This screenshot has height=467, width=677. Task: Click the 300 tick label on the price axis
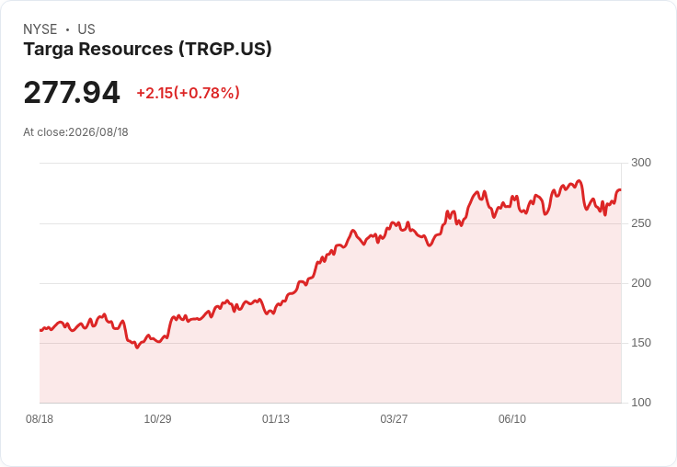tap(641, 163)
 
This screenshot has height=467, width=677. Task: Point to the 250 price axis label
tap(641, 223)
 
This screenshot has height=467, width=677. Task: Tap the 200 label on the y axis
tap(641, 283)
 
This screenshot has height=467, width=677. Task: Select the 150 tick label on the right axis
tap(641, 343)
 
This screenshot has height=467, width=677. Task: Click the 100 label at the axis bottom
tap(641, 403)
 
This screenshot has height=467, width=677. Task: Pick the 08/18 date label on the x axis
tap(40, 419)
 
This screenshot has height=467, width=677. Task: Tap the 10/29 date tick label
tap(157, 419)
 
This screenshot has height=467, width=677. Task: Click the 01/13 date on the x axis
tap(276, 419)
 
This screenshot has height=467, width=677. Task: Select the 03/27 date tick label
tap(394, 419)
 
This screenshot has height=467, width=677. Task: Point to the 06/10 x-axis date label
tap(512, 419)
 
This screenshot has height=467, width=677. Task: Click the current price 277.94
tap(72, 92)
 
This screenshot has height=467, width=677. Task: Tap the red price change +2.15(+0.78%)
tap(188, 93)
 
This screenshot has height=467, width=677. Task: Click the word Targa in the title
tap(49, 50)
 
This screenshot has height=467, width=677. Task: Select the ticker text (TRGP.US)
tap(225, 49)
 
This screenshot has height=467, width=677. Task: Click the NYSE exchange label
tap(40, 29)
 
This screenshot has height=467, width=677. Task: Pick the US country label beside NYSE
tap(86, 29)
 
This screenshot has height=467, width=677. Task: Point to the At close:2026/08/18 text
tap(75, 132)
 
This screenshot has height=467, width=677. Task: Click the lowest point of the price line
tap(137, 347)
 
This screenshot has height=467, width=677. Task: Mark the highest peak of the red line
tap(579, 181)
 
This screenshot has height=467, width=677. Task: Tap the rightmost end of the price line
tap(621, 190)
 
